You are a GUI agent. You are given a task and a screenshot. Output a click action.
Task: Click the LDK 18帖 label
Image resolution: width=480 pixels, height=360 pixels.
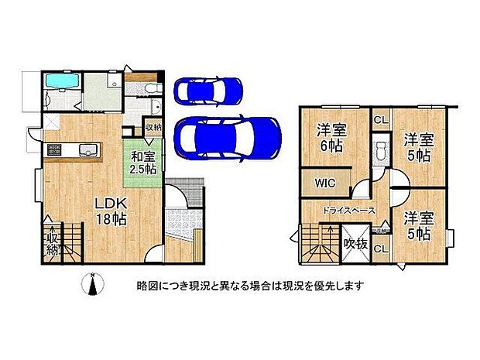click(x=111, y=210)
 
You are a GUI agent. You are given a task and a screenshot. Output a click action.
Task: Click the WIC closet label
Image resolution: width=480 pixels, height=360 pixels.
click(x=325, y=183)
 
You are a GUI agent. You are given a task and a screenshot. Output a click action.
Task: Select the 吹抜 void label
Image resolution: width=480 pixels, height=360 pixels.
click(x=355, y=242)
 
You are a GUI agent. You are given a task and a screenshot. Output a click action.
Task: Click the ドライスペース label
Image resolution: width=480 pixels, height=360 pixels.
click(x=350, y=211)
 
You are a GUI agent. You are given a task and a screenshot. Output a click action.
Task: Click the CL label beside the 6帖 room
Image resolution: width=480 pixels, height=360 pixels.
click(x=381, y=120)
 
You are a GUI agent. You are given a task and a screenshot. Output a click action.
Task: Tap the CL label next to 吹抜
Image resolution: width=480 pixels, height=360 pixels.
click(x=380, y=249)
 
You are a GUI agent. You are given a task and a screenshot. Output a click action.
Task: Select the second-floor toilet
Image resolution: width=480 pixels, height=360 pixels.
click(x=380, y=150)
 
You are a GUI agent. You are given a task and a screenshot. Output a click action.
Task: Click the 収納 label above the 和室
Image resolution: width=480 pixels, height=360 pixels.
click(x=153, y=128)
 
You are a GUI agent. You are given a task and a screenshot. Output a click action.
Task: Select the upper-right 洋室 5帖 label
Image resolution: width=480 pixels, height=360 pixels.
click(x=419, y=147)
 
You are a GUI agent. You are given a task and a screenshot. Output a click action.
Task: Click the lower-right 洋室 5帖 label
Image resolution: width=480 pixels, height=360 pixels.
click(x=419, y=225)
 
